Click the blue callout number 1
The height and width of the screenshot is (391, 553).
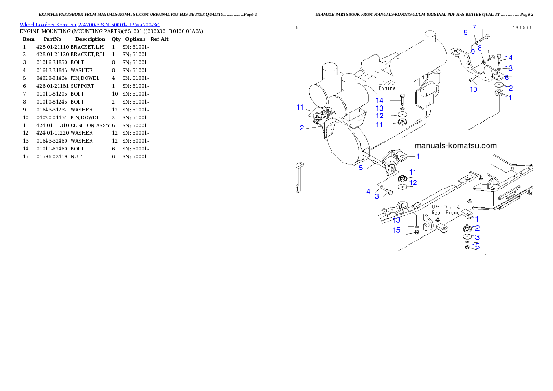click(x=418, y=156)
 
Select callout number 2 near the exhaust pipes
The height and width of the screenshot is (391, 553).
click(x=302, y=128)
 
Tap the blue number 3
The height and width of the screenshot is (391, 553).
click(x=377, y=196)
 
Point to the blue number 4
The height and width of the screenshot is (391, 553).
click(x=368, y=191)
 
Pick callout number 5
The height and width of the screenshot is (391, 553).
click(x=361, y=168)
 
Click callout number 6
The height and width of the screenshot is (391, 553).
click(x=507, y=78)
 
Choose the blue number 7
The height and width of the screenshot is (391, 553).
click(x=474, y=27)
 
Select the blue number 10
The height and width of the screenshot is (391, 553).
click(x=473, y=89)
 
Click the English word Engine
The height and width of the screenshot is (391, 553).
click(x=387, y=88)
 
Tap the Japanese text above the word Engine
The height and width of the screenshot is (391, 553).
click(x=387, y=83)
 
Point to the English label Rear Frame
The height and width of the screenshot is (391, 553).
click(x=446, y=212)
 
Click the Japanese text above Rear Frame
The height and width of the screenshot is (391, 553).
click(x=446, y=207)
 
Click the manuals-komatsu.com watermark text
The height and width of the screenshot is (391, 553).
click(x=455, y=146)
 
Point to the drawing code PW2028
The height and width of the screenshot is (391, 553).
click(x=522, y=28)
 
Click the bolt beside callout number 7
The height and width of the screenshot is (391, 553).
click(x=484, y=36)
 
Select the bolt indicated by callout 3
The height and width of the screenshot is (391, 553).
click(x=388, y=191)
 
